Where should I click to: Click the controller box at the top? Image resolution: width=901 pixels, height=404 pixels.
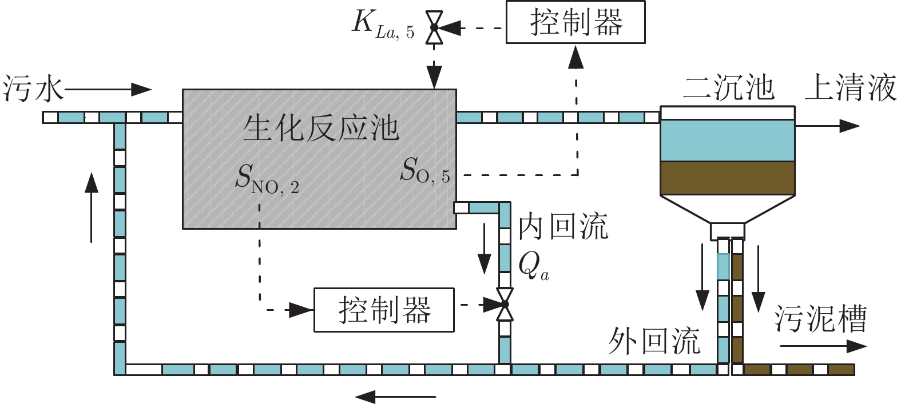coord(575,22)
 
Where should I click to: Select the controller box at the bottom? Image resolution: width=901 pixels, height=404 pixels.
coord(384,310)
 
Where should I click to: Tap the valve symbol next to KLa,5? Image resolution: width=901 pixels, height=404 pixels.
coord(434,27)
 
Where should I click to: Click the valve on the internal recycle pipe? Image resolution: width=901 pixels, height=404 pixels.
coord(504,304)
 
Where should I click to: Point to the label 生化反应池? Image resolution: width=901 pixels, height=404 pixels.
coord(321,128)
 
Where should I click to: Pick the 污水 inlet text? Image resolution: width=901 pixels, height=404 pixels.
coord(32,90)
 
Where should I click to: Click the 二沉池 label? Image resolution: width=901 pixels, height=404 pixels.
coord(728,89)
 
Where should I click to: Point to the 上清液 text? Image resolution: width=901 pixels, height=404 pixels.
coord(851,89)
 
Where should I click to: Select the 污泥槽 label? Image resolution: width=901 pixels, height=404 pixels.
coord(821,319)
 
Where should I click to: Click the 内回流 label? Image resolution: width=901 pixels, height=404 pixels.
coord(563,227)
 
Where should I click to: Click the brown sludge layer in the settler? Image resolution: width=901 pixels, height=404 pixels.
coord(727,178)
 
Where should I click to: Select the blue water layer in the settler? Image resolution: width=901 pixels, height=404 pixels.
coord(727,141)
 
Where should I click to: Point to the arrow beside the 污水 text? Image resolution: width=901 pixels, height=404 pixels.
coord(109,89)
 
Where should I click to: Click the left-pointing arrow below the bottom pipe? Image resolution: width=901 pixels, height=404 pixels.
coord(395,395)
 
